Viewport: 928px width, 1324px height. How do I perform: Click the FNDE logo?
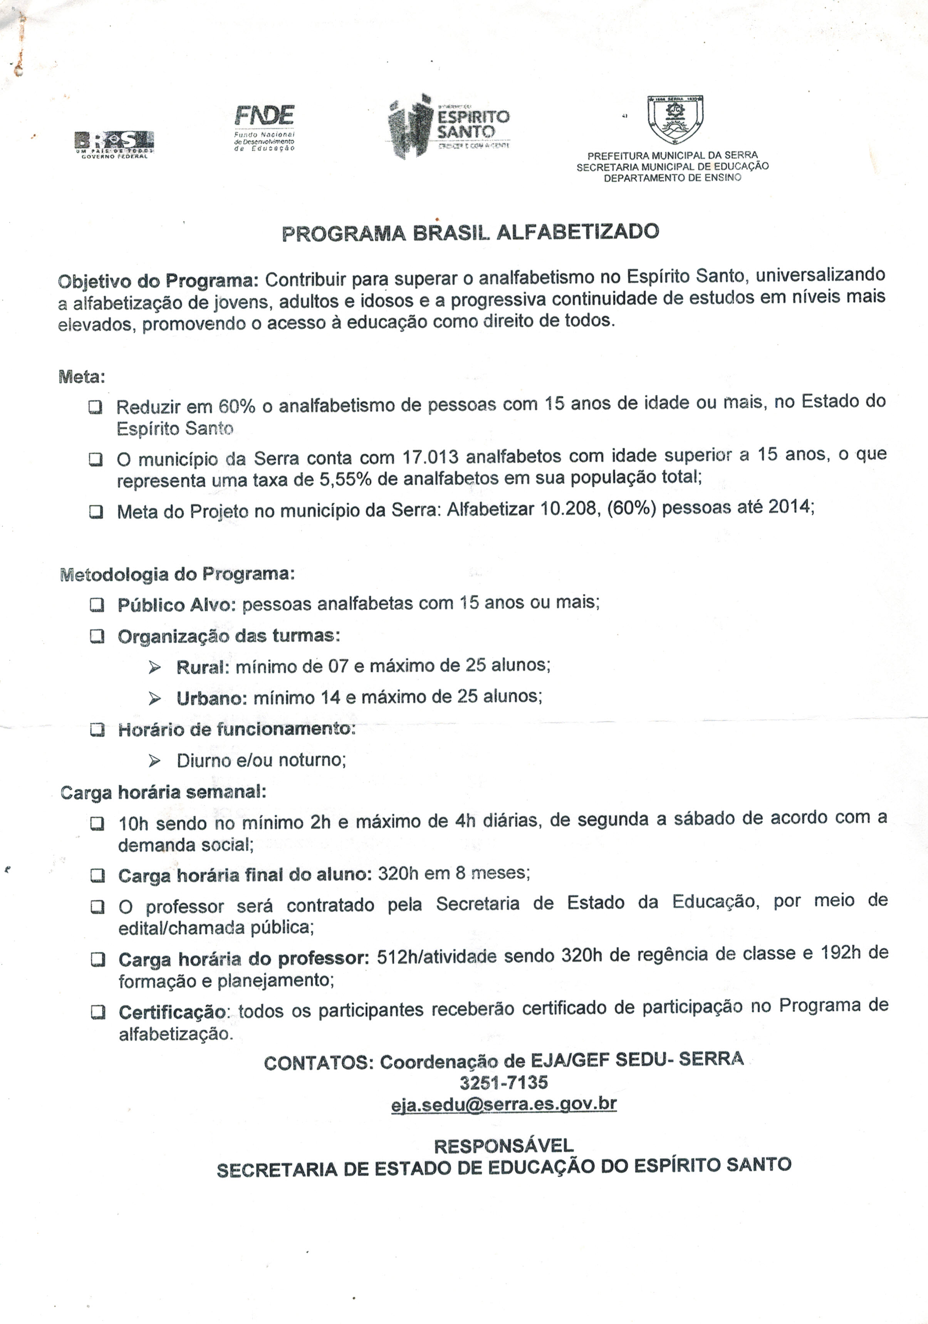[x=265, y=126]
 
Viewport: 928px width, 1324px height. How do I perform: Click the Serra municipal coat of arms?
[x=675, y=119]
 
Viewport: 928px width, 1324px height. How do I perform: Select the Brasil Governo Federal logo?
[x=114, y=144]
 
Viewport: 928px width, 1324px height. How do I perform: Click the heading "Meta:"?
[x=82, y=377]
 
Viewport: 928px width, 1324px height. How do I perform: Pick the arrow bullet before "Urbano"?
[x=154, y=699]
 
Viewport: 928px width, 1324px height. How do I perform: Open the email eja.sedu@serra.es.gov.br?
[x=503, y=1104]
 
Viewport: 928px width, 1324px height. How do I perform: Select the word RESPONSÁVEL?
[x=503, y=1145]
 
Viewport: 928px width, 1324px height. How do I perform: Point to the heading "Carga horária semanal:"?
[x=163, y=792]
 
